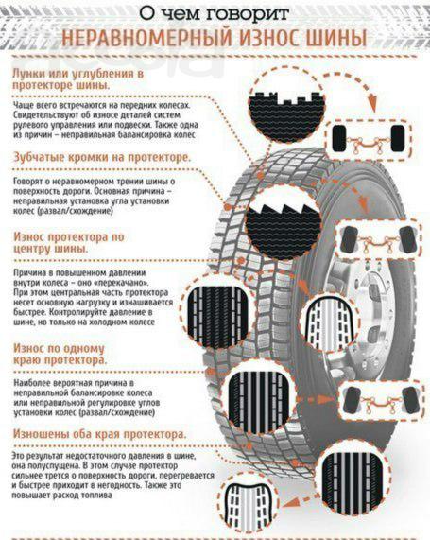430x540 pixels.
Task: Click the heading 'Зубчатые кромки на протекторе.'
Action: pyautogui.click(x=102, y=158)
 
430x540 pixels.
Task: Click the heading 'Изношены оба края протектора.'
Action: pyautogui.click(x=99, y=434)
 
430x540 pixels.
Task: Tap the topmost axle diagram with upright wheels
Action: pyautogui.click(x=369, y=139)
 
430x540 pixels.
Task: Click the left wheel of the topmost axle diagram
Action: pyautogui.click(x=339, y=138)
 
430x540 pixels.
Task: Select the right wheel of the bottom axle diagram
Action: pyautogui.click(x=410, y=400)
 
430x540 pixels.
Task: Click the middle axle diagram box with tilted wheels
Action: pyautogui.click(x=378, y=239)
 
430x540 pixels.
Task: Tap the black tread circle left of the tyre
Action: pyautogui.click(x=218, y=312)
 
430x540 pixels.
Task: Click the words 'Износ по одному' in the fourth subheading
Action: pyautogui.click(x=59, y=348)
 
